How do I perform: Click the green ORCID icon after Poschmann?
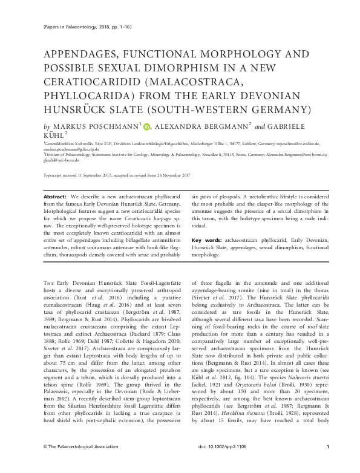coord(146,126)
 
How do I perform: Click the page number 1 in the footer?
coord(327,463)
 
